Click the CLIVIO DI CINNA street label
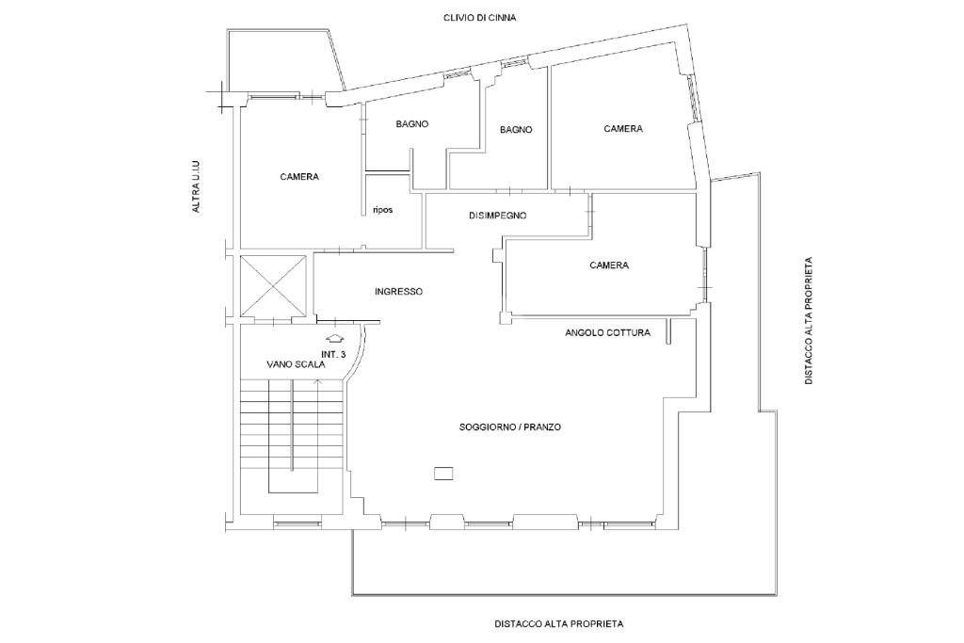pyautogui.click(x=479, y=18)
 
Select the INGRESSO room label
pyautogui.click(x=398, y=292)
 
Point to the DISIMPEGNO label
pyautogui.click(x=497, y=216)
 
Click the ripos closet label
pyautogui.click(x=382, y=210)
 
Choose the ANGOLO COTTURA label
pyautogui.click(x=607, y=332)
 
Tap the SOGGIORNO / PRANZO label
pyautogui.click(x=509, y=426)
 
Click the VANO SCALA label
pyautogui.click(x=296, y=364)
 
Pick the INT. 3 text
pyautogui.click(x=334, y=354)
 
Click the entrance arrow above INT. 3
pyautogui.click(x=334, y=337)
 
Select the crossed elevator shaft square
pyautogui.click(x=274, y=285)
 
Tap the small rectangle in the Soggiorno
pyautogui.click(x=443, y=473)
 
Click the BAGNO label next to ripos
pyautogui.click(x=412, y=123)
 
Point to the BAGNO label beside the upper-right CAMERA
pyautogui.click(x=516, y=130)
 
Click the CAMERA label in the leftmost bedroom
pyautogui.click(x=299, y=177)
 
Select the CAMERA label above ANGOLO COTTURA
pyautogui.click(x=609, y=265)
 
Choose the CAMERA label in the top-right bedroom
pyautogui.click(x=623, y=128)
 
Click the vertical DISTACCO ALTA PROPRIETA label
pyautogui.click(x=809, y=321)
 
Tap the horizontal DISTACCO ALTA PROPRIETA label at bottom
pyautogui.click(x=559, y=623)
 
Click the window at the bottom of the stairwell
pyautogui.click(x=297, y=524)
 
